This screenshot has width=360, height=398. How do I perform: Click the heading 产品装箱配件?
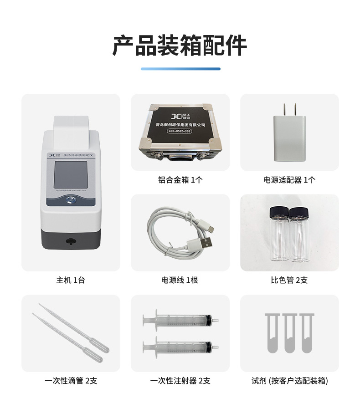[180, 46]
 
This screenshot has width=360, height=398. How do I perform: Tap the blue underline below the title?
[180, 69]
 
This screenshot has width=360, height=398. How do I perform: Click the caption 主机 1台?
[71, 280]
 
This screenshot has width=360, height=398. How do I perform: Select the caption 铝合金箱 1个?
[180, 180]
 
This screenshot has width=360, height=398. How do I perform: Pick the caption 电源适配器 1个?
[289, 180]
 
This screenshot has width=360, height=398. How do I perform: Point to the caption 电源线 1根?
[180, 280]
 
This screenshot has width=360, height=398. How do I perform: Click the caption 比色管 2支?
[289, 280]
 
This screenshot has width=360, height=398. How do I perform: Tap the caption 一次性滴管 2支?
[71, 381]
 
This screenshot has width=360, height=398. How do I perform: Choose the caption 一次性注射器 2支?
[180, 381]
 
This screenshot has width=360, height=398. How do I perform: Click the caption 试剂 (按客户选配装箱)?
[289, 381]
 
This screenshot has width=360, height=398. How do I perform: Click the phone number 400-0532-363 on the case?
[180, 132]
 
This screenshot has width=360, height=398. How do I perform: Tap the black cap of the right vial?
[298, 212]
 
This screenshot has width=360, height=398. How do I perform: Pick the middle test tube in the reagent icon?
[289, 333]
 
